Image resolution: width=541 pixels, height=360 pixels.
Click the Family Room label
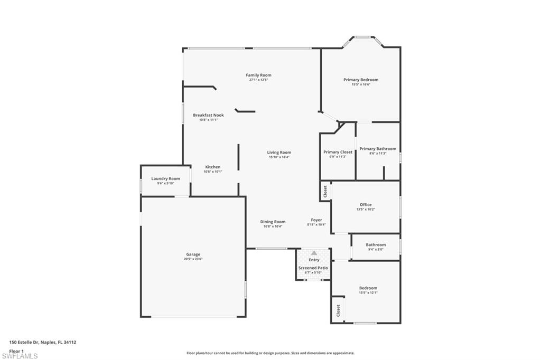(258, 75)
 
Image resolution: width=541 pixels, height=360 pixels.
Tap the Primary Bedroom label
(361, 80)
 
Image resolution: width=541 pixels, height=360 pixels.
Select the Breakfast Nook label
(208, 115)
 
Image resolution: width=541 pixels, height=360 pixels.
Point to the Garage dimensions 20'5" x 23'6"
(193, 259)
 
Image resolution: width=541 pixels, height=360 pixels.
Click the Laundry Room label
(165, 178)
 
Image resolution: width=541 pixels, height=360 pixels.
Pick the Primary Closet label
(338, 152)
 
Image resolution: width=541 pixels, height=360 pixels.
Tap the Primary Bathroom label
(378, 149)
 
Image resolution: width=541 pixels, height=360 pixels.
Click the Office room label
(366, 205)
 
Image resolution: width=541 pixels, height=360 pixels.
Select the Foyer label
(316, 220)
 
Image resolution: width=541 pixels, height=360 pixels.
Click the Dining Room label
(273, 222)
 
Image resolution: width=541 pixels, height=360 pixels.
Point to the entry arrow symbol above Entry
(314, 253)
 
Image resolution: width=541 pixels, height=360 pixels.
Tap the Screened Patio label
(313, 268)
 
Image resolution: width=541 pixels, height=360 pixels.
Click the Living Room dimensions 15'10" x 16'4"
(279, 157)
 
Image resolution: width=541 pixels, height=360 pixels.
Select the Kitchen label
(213, 167)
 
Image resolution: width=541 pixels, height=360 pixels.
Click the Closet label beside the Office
(325, 191)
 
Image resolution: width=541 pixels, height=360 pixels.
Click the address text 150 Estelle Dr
(42, 342)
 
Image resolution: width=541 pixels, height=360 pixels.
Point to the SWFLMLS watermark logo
(19, 356)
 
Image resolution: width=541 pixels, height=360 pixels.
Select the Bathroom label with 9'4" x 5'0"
(376, 244)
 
